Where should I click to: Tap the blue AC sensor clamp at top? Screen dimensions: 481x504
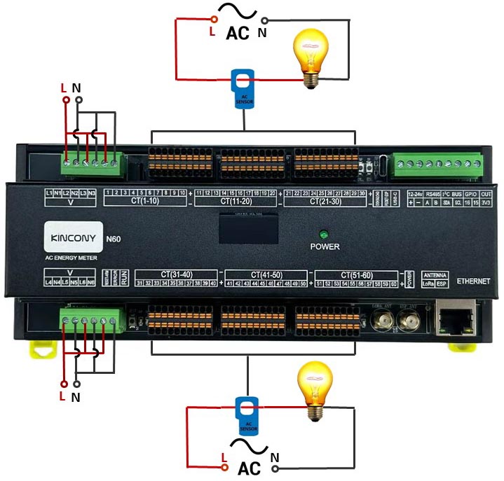pos(244,89)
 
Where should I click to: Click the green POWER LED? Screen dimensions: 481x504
pos(324,235)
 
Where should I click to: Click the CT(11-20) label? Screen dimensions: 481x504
pos(236,201)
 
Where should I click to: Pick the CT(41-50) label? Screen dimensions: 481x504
pos(266,274)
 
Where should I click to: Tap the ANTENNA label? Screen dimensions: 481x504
pos(435,275)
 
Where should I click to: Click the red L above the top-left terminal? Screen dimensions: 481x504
pos(64,88)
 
